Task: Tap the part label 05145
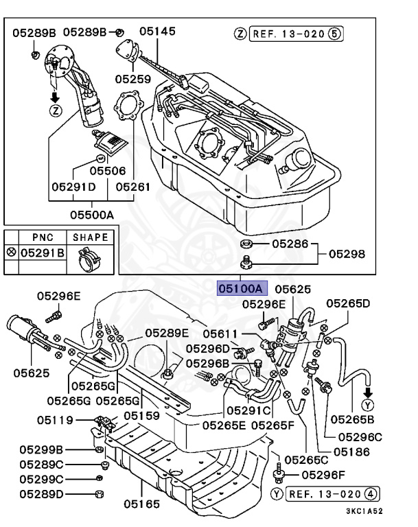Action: point(157,32)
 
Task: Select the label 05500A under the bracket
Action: point(92,215)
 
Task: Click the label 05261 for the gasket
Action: point(133,187)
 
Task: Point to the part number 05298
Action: point(347,254)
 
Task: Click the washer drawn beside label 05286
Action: point(246,244)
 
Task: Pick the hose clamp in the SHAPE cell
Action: point(88,259)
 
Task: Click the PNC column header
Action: point(43,237)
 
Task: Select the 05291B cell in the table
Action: point(43,253)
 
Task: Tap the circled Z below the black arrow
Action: point(56,110)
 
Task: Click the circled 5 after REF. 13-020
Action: point(334,34)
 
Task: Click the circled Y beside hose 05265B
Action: point(368,406)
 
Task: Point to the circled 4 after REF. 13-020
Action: point(371,494)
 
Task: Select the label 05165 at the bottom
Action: point(141,504)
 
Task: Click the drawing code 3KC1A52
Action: point(364,511)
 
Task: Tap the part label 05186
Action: point(351,452)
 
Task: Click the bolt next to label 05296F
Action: point(279,471)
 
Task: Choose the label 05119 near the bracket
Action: point(55,420)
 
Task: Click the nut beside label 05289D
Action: point(100,494)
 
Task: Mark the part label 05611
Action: point(220,333)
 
